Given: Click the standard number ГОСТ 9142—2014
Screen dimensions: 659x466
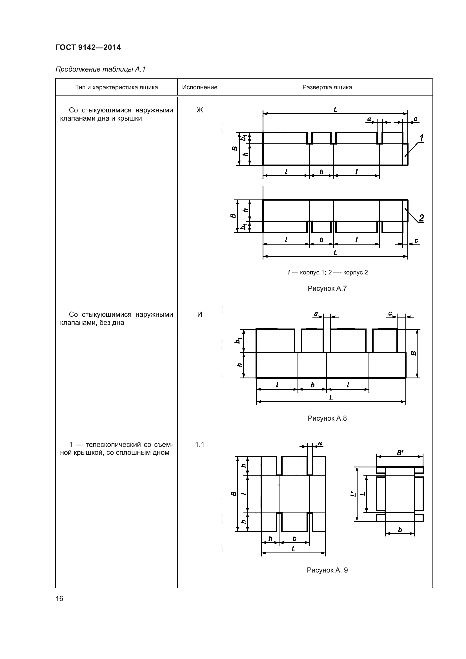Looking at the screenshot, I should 88,48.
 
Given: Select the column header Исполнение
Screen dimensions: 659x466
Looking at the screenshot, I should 200,87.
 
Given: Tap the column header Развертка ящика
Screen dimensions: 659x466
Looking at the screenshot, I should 327,87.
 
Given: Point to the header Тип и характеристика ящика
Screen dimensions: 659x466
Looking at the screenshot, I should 117,87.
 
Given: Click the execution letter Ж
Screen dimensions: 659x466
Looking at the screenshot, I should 200,110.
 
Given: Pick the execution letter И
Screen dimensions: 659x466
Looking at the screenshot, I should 200,315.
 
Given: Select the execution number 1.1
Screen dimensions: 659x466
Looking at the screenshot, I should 200,445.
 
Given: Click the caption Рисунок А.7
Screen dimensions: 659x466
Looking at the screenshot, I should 327,289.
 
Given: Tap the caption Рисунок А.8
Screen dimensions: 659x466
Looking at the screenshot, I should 327,418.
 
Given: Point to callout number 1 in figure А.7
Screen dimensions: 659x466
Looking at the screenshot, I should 421,138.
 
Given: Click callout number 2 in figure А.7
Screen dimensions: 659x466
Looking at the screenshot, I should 421,218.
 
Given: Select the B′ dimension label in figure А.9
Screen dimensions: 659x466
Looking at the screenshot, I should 400,453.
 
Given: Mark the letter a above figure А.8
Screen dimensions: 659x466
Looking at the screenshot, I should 316,314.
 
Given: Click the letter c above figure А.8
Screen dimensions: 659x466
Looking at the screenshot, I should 390,314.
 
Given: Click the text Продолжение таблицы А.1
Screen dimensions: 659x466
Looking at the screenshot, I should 100,70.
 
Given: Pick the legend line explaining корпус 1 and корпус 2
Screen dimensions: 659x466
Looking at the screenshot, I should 327,272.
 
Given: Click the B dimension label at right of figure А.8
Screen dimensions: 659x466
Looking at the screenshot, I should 414,353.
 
